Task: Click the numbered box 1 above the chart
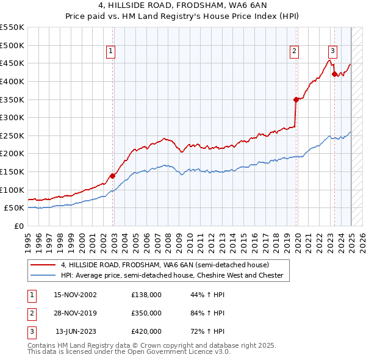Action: (x=111, y=52)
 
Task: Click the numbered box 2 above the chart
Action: (x=294, y=52)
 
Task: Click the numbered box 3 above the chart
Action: (x=332, y=52)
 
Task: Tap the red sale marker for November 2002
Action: (x=113, y=176)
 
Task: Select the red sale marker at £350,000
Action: (x=296, y=99)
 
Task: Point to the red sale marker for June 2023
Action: (x=334, y=74)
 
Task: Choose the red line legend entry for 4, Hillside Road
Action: (x=164, y=265)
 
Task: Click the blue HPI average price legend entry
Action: (x=172, y=275)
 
